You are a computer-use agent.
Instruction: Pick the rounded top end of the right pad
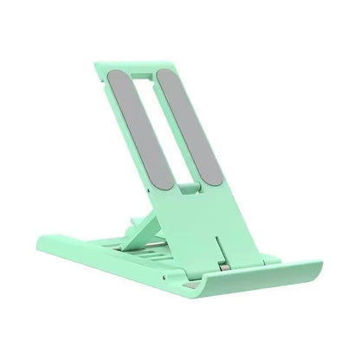pyautogui.click(x=165, y=71)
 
